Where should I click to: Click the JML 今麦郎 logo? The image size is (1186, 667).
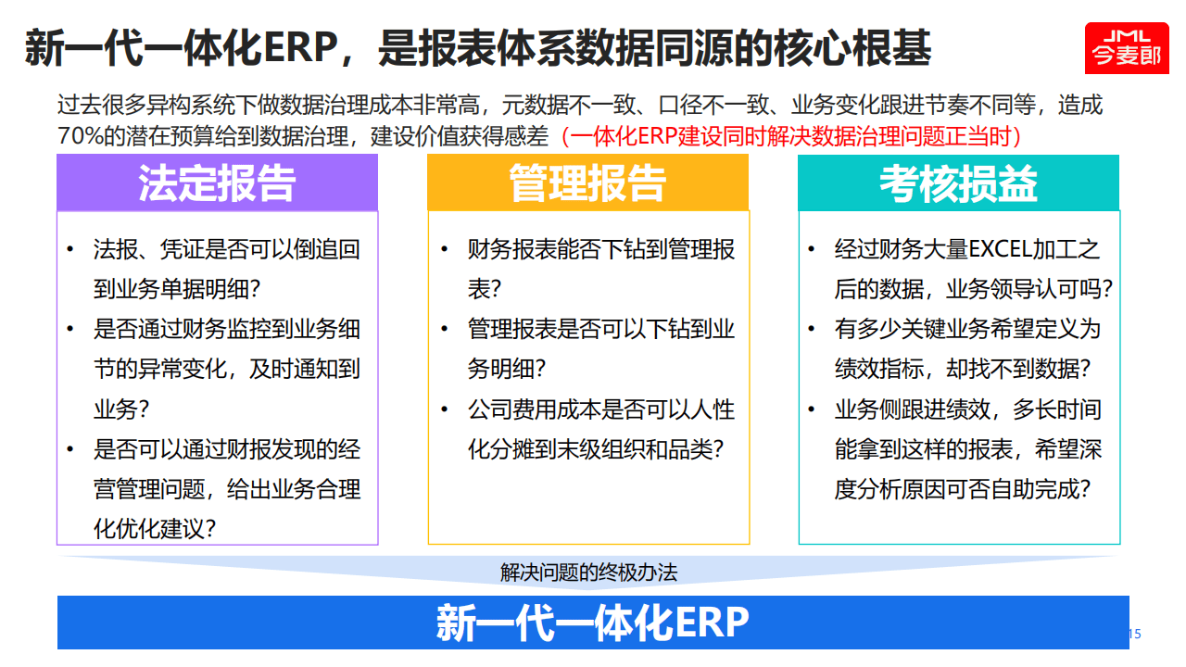pos(1127,47)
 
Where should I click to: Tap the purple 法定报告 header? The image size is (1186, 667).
pos(217,183)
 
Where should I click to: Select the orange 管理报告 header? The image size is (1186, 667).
pos(587,183)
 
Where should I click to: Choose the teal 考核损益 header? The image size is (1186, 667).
pos(958,183)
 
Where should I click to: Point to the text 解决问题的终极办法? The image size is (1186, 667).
pos(589,573)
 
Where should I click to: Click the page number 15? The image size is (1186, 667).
pos(1134,635)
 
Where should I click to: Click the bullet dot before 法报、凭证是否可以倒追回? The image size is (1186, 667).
pos(70,250)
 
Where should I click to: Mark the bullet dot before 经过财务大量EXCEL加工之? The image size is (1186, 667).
pos(813,250)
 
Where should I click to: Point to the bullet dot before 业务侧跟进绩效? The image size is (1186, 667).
pos(813,409)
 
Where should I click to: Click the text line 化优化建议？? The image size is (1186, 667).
pos(156,529)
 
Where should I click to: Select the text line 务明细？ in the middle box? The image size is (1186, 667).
pos(507,369)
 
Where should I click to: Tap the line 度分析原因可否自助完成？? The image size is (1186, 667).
pos(963,489)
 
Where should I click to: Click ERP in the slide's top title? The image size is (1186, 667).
pos(297,47)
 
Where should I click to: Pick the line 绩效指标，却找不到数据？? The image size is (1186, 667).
pos(963,369)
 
